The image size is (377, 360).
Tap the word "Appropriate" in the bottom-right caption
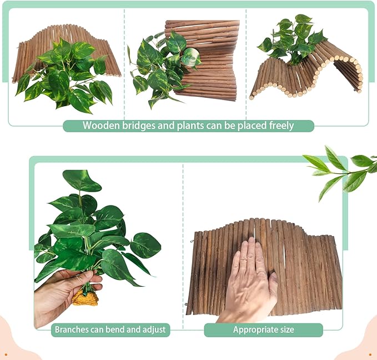pos(255,329)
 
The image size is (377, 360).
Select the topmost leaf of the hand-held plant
pos(81,181)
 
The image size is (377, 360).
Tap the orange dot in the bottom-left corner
pos(6,354)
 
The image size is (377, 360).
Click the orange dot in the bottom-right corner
pos(370,354)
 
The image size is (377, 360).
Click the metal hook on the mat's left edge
pos(192,241)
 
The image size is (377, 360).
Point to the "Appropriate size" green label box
pos(263,330)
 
